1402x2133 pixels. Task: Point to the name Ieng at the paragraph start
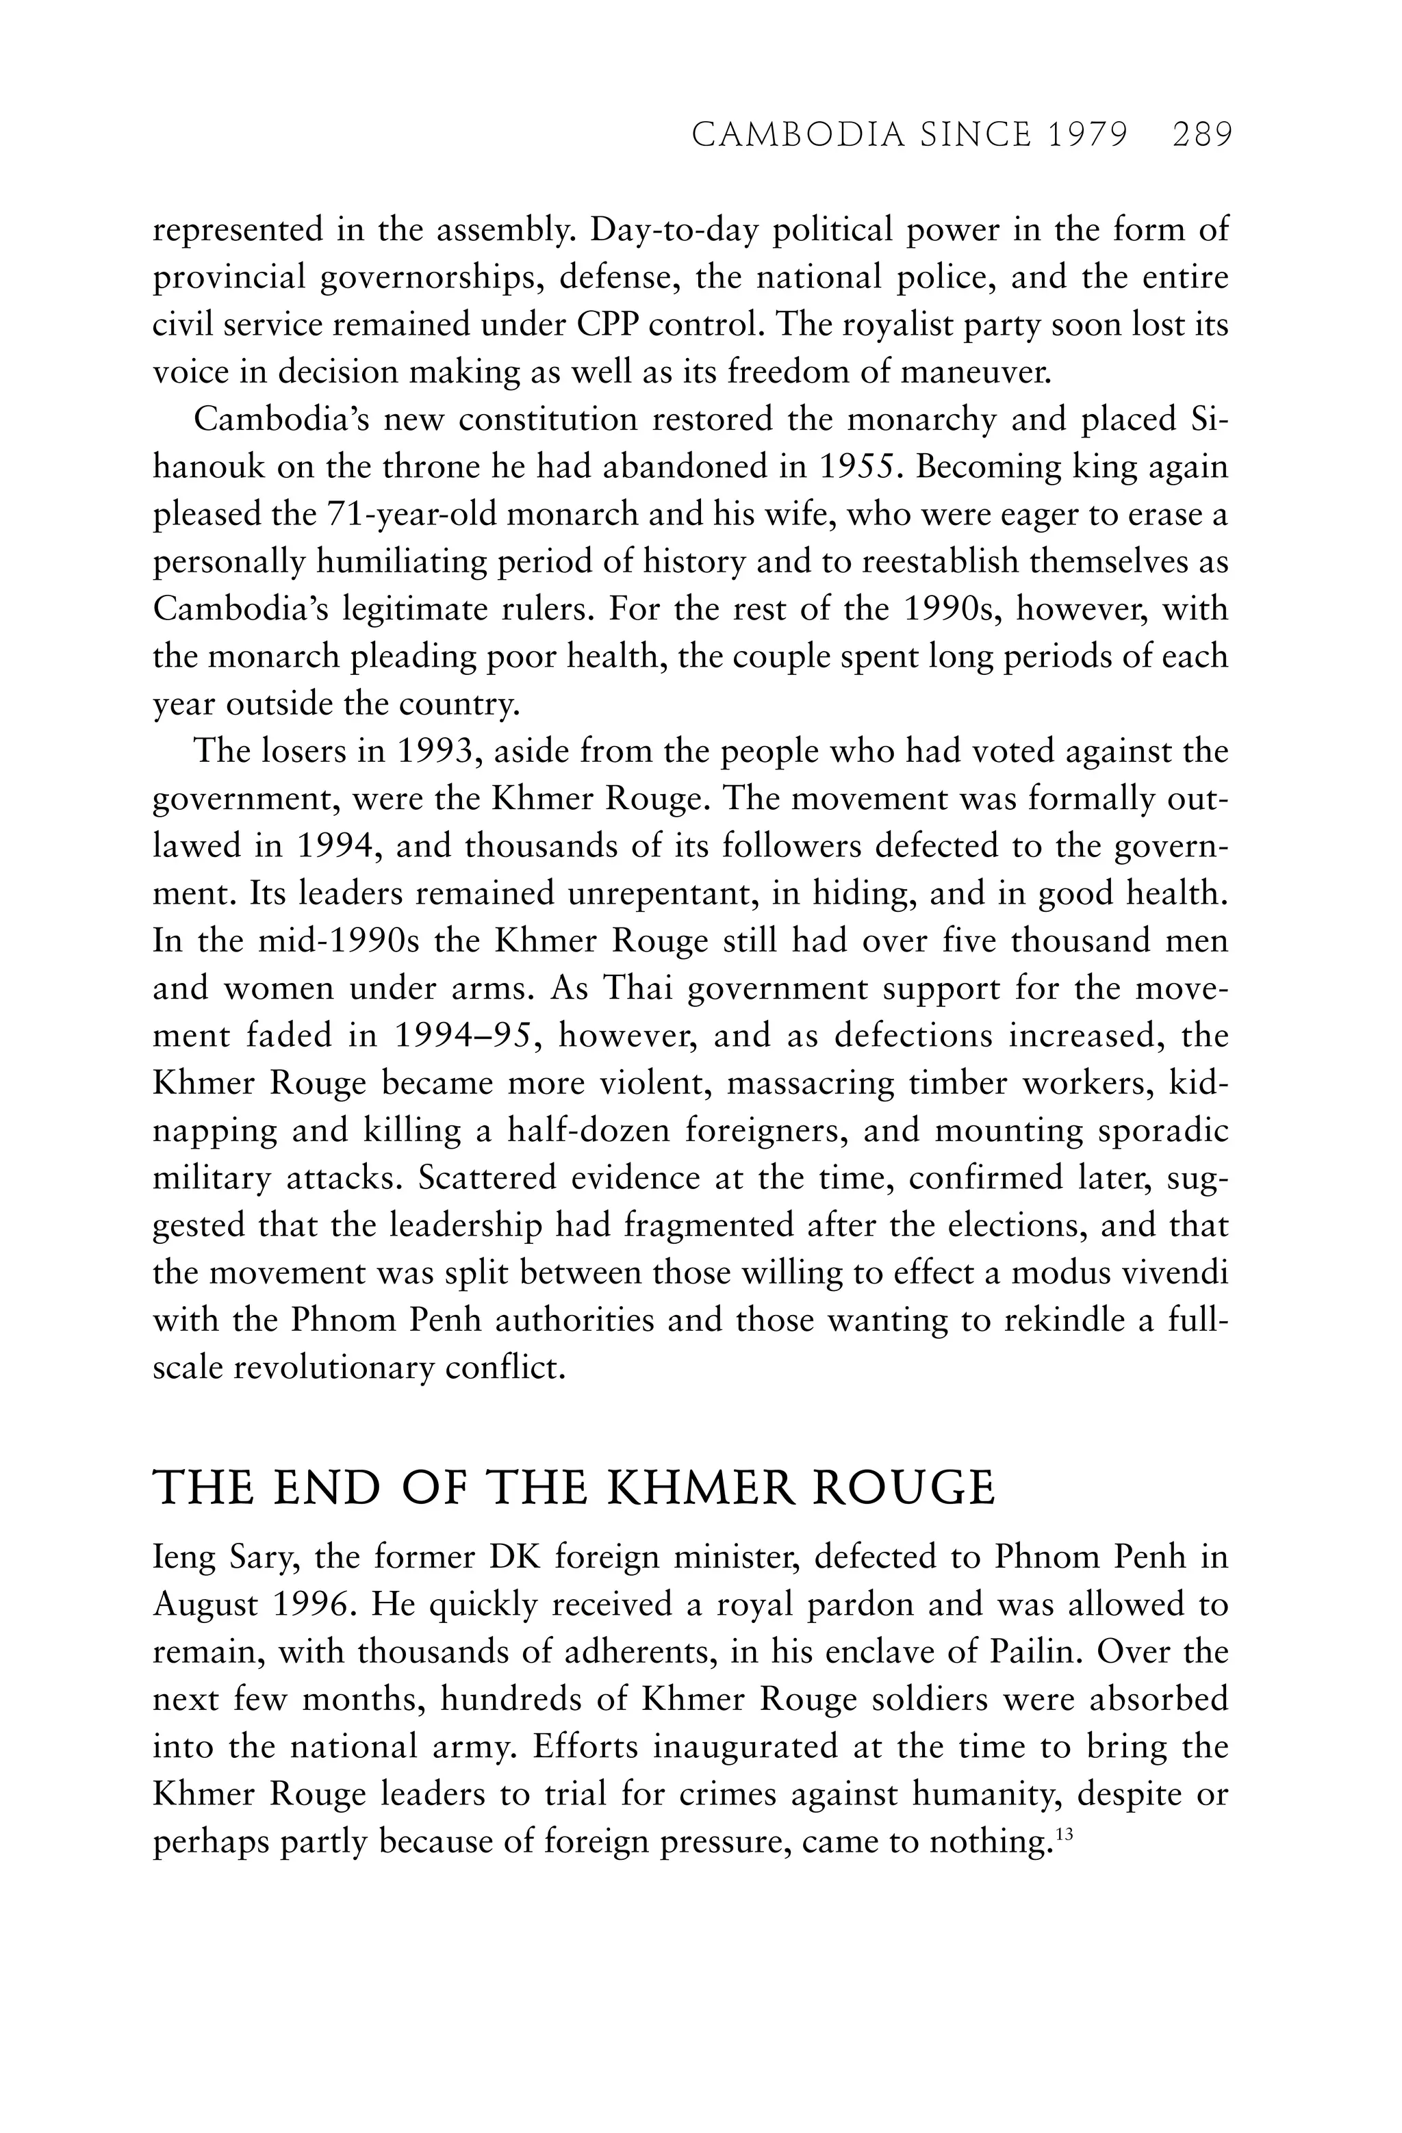tap(186, 1557)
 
